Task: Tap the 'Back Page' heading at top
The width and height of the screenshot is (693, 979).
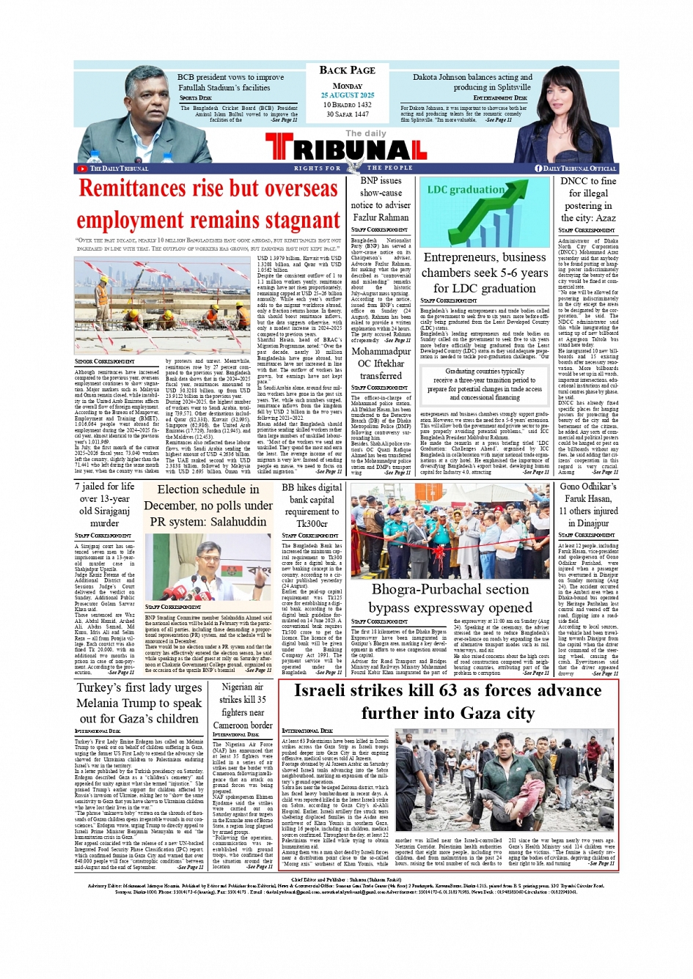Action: coord(347,70)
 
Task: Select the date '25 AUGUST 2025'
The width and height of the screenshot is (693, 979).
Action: coord(347,95)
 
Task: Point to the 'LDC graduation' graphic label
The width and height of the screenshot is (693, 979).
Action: coord(465,190)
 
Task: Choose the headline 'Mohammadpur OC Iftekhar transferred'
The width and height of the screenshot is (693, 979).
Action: coord(380,363)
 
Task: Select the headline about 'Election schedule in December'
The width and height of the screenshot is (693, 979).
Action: coord(208,506)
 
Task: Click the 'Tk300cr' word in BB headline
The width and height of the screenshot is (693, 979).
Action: coord(312,524)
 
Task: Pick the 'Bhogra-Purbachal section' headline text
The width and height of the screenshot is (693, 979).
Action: coord(450,589)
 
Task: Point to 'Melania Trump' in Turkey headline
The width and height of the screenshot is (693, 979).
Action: coord(129,703)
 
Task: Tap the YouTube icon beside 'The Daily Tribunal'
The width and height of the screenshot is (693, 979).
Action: coord(82,169)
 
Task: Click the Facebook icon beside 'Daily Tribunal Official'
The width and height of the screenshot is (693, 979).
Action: coord(538,169)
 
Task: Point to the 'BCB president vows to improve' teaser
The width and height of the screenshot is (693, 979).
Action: coord(230,77)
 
